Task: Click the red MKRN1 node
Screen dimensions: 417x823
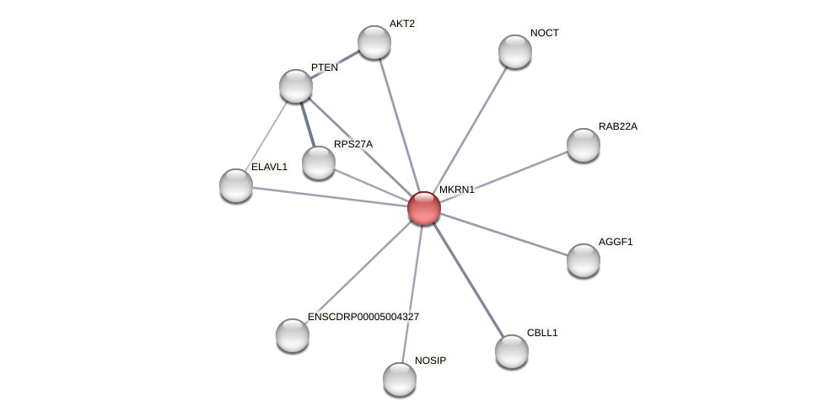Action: click(423, 208)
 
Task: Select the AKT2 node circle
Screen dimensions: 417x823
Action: click(374, 42)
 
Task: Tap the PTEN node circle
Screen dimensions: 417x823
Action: click(296, 86)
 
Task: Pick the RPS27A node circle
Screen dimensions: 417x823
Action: click(319, 163)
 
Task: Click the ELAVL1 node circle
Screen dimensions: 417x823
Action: click(236, 185)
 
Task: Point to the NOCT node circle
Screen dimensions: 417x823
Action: click(515, 51)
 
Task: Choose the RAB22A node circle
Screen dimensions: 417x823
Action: click(584, 145)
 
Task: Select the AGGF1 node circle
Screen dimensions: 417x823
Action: click(584, 260)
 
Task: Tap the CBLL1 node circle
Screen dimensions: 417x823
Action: click(512, 351)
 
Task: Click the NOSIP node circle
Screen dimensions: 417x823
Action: click(400, 379)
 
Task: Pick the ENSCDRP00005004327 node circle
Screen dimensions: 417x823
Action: click(293, 335)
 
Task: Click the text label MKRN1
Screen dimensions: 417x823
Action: click(456, 190)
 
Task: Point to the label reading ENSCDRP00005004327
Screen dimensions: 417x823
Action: click(363, 317)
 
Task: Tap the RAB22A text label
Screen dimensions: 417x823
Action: click(618, 126)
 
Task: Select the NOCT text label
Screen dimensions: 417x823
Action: click(545, 33)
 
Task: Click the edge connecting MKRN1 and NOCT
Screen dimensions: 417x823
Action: click(469, 130)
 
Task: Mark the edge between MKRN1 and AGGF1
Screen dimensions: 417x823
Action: click(503, 234)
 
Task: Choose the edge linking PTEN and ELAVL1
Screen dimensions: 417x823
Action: click(266, 135)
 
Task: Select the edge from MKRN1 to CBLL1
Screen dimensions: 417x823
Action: click(467, 280)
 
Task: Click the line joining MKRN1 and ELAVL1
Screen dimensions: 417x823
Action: click(329, 196)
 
